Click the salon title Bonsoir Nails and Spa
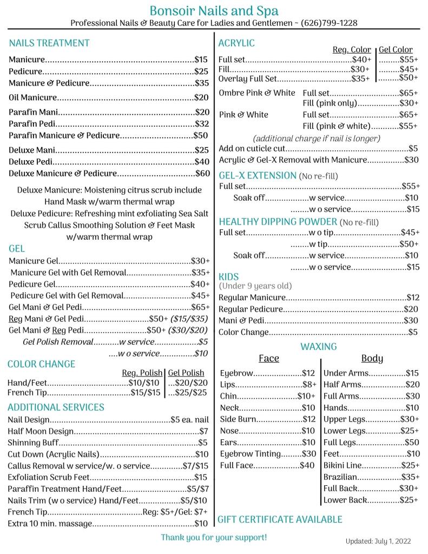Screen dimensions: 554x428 click(214, 10)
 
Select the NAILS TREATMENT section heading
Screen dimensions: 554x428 click(49, 43)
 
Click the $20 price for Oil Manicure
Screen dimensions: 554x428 click(201, 98)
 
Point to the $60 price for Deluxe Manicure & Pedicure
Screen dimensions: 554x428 click(202, 174)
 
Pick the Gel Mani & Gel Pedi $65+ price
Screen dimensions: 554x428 click(200, 307)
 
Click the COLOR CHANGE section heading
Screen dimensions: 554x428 click(42, 364)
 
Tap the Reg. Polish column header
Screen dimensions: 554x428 click(142, 373)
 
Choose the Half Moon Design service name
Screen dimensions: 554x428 click(41, 431)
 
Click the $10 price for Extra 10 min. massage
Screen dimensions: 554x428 click(201, 523)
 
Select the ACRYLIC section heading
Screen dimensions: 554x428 click(236, 43)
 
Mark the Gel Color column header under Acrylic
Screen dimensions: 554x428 click(396, 50)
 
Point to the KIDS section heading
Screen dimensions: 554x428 click(228, 276)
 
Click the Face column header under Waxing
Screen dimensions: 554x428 click(269, 359)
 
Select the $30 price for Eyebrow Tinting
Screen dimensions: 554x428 click(308, 453)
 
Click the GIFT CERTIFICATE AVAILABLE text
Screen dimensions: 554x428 click(280, 519)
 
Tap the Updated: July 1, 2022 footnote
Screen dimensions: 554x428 click(378, 541)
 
